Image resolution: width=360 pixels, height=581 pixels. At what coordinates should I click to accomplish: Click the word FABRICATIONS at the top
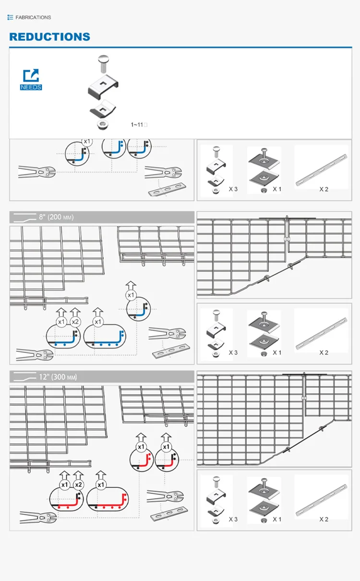tap(33, 17)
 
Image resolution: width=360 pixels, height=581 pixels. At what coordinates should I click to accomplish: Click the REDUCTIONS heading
tap(50, 37)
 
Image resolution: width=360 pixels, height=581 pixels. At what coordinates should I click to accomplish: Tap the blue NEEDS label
tap(31, 87)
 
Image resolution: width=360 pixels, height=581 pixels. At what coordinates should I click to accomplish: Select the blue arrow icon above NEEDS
tap(31, 76)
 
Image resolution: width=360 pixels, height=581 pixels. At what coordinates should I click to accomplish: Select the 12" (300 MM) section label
tap(58, 377)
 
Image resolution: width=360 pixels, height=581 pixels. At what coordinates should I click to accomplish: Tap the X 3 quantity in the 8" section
tap(233, 352)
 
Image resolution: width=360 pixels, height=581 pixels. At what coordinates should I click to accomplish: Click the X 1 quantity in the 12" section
tap(277, 519)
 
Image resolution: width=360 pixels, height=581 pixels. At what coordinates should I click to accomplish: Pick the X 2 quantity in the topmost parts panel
tap(324, 189)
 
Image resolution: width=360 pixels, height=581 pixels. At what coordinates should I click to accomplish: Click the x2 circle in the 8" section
tap(75, 322)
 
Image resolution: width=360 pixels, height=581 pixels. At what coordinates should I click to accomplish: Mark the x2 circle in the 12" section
tap(79, 485)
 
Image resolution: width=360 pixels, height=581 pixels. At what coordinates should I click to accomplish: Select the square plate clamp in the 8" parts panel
tap(264, 331)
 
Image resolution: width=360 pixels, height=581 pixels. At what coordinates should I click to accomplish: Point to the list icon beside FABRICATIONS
tap(10, 17)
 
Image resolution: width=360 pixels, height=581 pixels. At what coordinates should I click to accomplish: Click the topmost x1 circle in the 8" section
tap(131, 295)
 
